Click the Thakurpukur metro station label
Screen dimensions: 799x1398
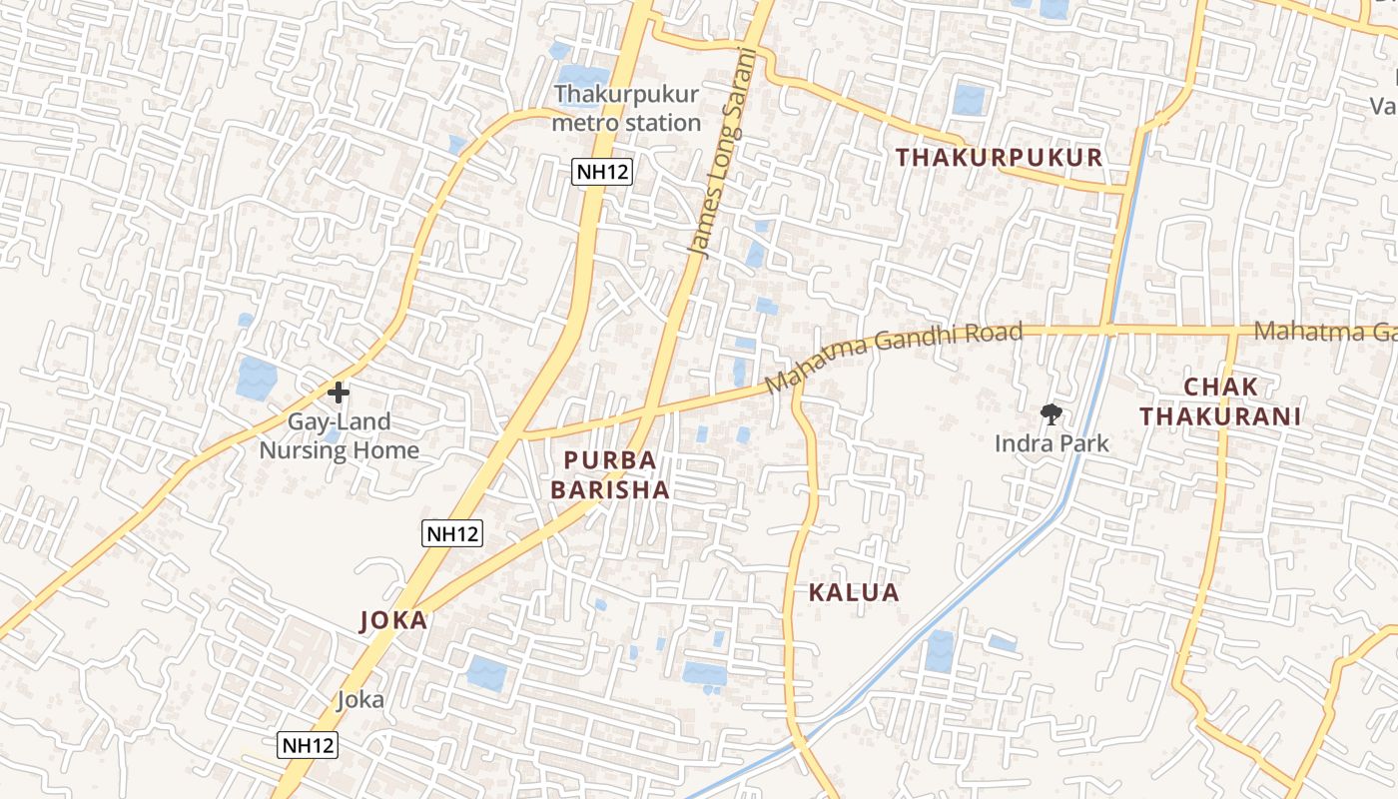[x=627, y=109]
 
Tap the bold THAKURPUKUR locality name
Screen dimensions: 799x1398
[x=999, y=158]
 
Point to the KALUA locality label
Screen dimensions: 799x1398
[x=854, y=592]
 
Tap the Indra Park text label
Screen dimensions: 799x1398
[x=1051, y=443]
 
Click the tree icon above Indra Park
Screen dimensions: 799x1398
[x=1050, y=413]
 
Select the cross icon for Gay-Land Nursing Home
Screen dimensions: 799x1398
[x=339, y=393]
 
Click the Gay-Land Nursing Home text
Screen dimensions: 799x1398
[x=339, y=436]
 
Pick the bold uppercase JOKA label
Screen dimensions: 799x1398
[x=393, y=620]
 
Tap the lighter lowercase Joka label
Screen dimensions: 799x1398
[x=360, y=699]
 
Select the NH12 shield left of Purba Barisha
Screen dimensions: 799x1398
[x=452, y=533]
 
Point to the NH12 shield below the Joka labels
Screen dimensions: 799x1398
[x=308, y=744]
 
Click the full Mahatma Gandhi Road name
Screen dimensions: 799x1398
[x=894, y=357]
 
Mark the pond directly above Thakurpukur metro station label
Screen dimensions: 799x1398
[x=581, y=78]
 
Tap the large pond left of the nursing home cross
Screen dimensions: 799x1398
[x=257, y=379]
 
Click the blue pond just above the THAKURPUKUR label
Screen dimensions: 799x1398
[x=968, y=99]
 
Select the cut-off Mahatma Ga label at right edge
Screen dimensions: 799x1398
[x=1324, y=331]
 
